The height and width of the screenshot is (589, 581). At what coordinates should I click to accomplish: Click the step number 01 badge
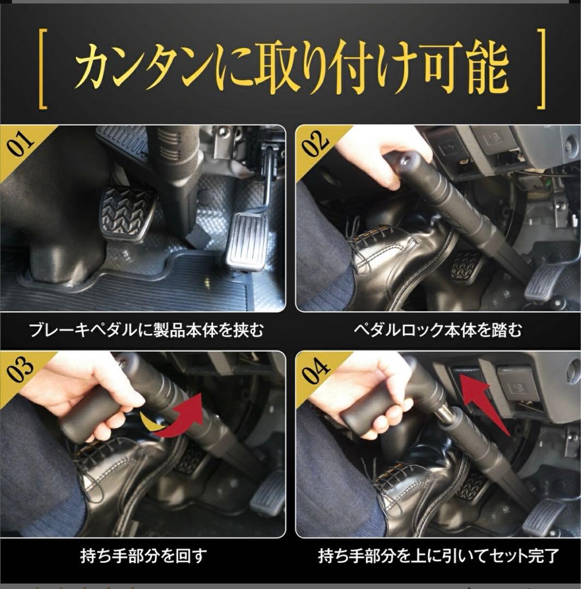(21, 143)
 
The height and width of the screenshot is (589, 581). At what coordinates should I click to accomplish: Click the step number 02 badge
(316, 143)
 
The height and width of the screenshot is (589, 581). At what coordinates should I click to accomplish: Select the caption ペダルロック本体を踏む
(437, 330)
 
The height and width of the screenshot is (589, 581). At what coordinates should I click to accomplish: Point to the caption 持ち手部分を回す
(143, 556)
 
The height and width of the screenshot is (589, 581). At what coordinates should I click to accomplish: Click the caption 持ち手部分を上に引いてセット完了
(437, 556)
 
